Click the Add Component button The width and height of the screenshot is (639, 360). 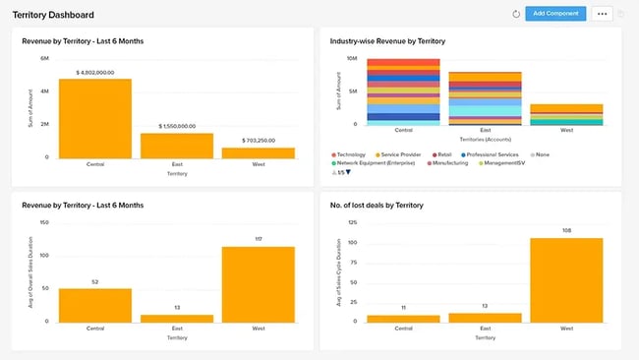(555, 14)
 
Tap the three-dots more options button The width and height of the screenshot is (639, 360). (602, 14)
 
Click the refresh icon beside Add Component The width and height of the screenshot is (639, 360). (516, 14)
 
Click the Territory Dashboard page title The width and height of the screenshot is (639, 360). (53, 15)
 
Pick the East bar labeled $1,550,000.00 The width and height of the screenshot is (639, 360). (176, 145)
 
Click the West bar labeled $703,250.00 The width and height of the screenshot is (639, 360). (259, 152)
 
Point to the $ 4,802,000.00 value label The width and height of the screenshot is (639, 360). (94, 72)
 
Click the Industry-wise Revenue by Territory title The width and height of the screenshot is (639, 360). (389, 41)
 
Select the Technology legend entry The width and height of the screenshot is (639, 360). (349, 154)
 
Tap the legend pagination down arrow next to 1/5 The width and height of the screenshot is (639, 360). (347, 172)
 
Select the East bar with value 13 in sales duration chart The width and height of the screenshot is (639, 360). (176, 318)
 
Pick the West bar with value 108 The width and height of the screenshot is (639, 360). (566, 279)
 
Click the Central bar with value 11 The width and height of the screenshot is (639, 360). (403, 318)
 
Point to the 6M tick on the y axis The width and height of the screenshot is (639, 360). (44, 59)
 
